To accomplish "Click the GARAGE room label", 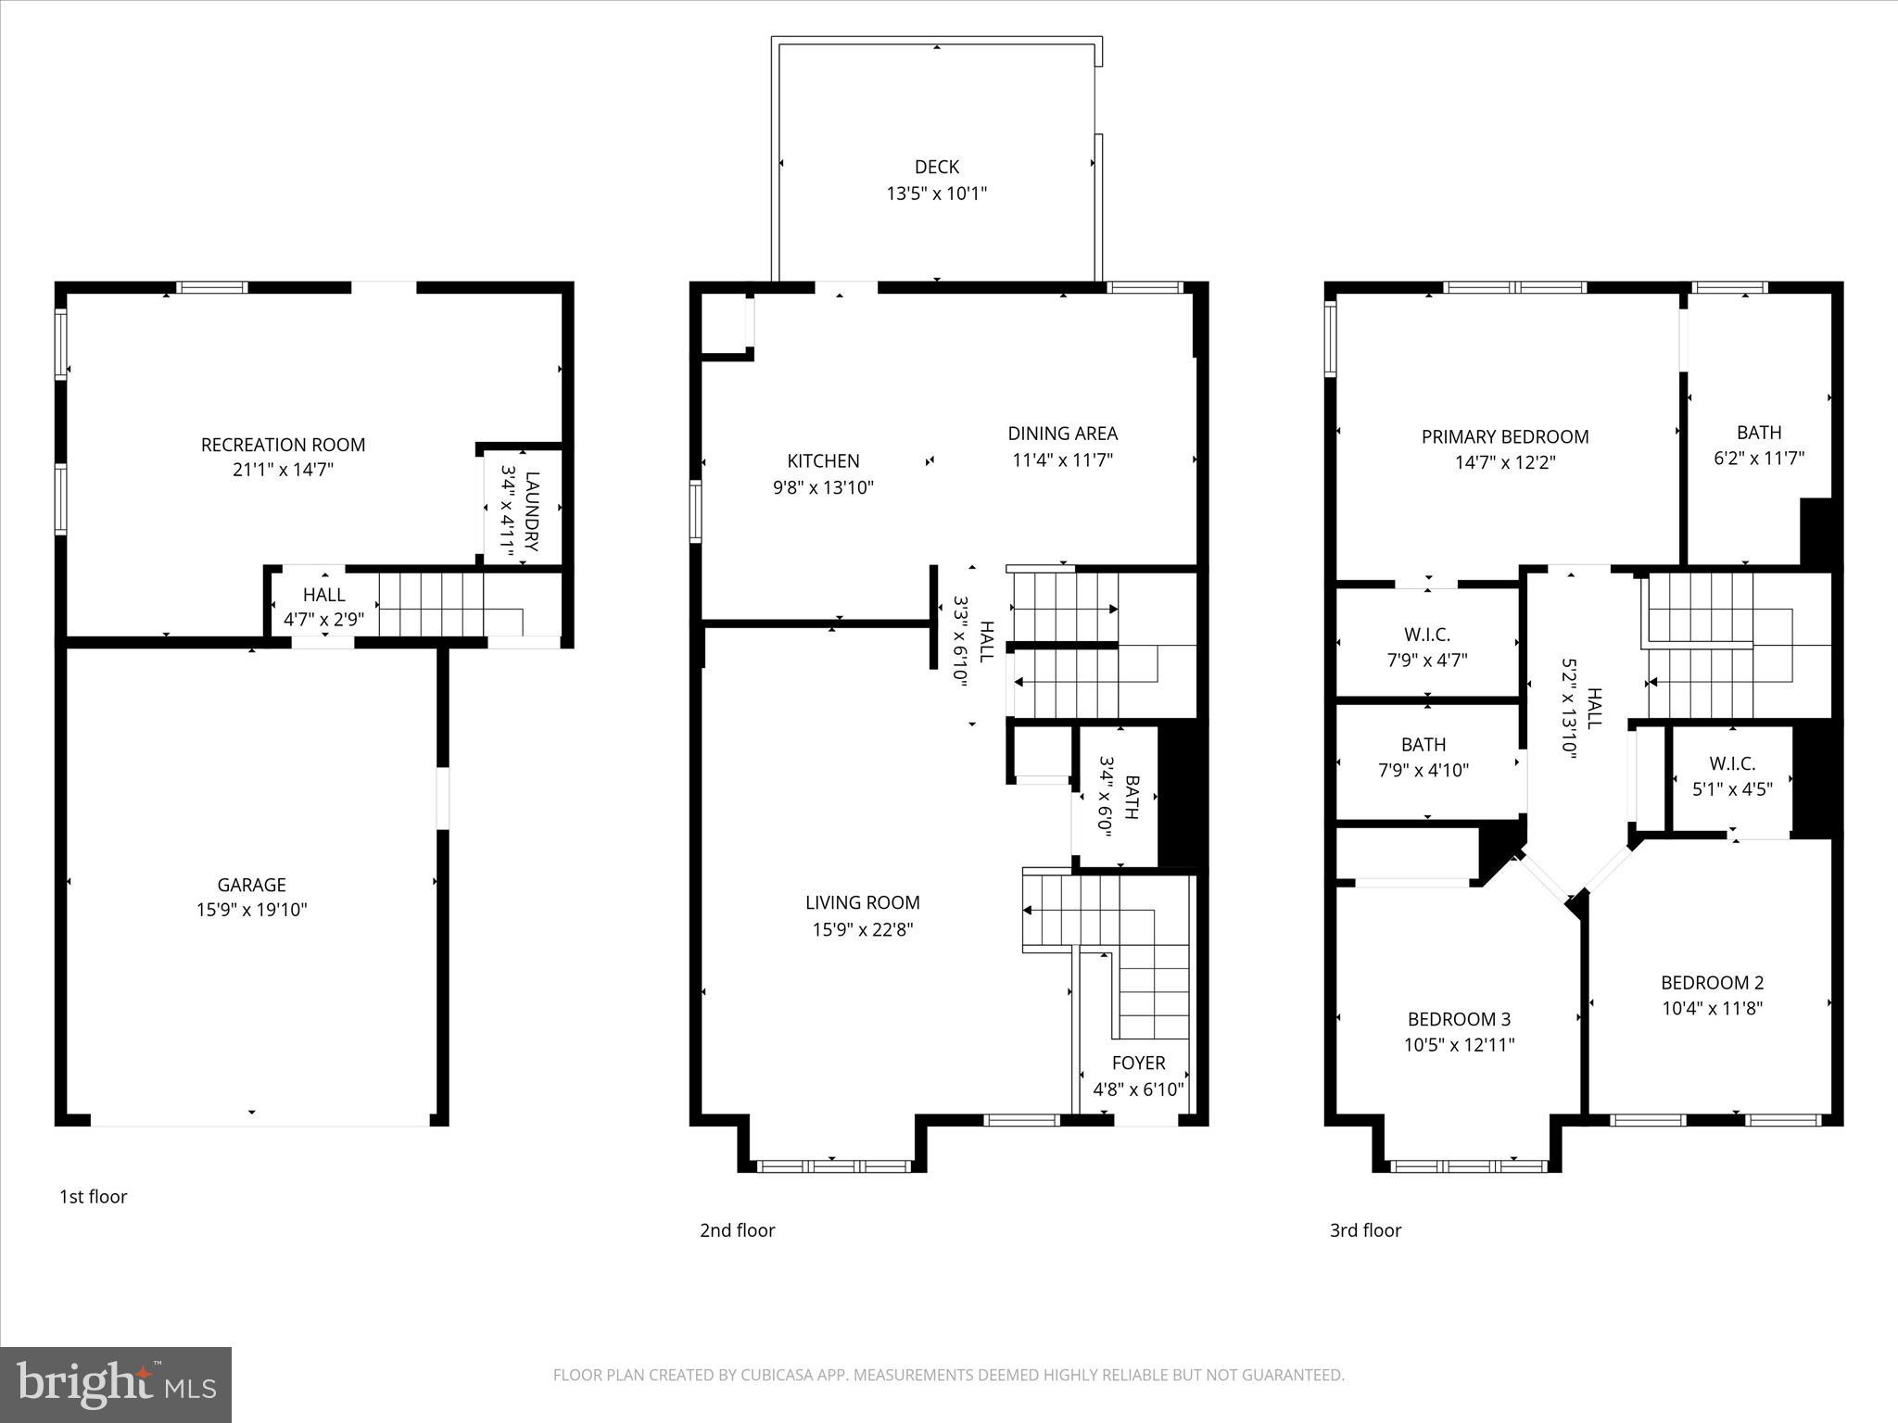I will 251,885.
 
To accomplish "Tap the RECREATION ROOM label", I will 283,445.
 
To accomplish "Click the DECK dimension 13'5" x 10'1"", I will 936,194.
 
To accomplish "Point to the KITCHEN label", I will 823,460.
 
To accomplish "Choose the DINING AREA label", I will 1062,433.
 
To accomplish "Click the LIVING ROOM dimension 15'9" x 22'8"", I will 862,929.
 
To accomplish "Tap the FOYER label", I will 1138,1063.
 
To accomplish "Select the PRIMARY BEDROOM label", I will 1504,436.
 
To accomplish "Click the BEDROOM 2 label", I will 1711,982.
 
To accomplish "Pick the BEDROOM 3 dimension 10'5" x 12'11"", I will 1459,1045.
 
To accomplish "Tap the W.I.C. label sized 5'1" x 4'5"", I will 1731,763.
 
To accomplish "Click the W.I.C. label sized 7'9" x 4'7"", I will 1426,635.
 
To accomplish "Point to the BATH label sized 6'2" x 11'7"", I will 1758,433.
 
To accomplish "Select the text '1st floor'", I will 93,1196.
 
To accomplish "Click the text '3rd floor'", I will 1365,1230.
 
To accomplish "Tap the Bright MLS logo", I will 116,1385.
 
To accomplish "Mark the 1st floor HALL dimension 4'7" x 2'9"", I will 323,619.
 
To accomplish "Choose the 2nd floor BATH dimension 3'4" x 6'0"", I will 1105,796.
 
